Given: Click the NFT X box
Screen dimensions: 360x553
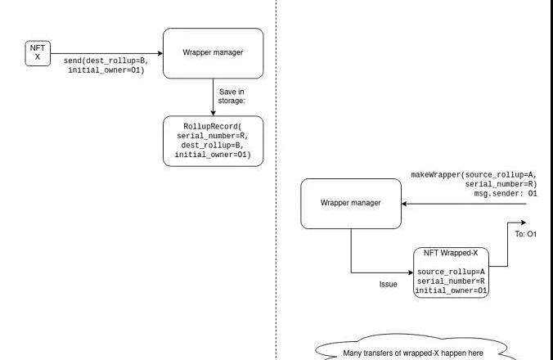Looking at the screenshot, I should (x=37, y=52).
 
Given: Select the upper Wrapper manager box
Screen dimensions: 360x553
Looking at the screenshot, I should (x=213, y=53).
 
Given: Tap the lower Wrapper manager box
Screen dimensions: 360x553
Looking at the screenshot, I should (x=350, y=203).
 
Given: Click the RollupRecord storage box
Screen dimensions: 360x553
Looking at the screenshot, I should (x=213, y=141).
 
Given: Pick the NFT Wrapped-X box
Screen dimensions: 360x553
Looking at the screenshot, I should (x=452, y=272).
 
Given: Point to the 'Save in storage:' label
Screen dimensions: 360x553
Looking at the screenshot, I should (x=232, y=97).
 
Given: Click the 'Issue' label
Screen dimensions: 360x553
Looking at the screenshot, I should (x=388, y=284).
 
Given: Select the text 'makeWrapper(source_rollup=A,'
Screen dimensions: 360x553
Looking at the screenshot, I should (x=479, y=174).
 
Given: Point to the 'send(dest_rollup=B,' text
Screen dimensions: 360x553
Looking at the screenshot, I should (x=106, y=61).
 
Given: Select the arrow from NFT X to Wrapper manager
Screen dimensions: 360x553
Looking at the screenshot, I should (x=106, y=52).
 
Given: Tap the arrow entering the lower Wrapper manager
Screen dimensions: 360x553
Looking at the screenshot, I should (x=462, y=204).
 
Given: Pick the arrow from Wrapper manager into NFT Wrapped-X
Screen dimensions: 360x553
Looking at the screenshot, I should (x=381, y=272).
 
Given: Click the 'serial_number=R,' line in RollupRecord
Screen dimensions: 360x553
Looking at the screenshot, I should (x=213, y=136).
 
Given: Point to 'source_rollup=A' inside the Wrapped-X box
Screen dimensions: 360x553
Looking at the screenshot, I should (x=451, y=272).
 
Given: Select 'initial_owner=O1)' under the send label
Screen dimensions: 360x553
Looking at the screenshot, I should (x=106, y=70).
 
